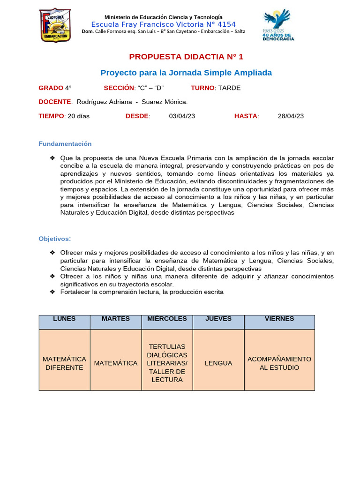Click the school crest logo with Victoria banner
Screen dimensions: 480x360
point(55,25)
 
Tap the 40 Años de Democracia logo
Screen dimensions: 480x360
point(279,25)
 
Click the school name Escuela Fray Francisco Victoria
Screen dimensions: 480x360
point(163,24)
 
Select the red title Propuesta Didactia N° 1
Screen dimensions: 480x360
point(186,57)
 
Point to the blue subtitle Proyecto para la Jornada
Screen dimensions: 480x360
point(186,73)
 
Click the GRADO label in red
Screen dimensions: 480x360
point(51,88)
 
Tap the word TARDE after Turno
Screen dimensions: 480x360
point(229,88)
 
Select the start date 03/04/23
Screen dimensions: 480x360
point(182,116)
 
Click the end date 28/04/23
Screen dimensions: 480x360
point(291,116)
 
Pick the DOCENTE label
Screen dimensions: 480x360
point(55,102)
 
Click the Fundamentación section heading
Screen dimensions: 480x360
point(65,143)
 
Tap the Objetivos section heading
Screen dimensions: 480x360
point(54,239)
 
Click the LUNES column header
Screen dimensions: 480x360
point(64,319)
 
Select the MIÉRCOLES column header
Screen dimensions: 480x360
point(167,319)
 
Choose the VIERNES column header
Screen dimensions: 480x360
point(279,319)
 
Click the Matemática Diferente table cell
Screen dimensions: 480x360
point(64,363)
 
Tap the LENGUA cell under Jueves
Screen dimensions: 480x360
point(218,363)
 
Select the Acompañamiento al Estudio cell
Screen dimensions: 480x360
point(279,363)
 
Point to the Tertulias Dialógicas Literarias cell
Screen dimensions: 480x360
point(167,363)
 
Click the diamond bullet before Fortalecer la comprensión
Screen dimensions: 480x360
point(52,292)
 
